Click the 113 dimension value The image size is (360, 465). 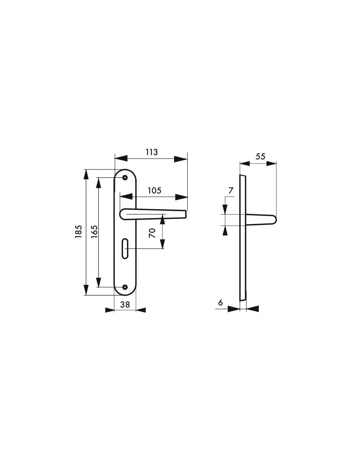click(152, 152)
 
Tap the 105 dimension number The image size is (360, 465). click(154, 190)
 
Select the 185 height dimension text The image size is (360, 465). click(79, 232)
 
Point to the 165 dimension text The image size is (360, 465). click(94, 232)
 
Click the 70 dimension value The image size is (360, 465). click(152, 233)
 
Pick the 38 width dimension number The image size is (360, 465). click(125, 304)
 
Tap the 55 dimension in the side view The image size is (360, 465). click(261, 156)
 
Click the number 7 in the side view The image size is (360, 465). click(231, 190)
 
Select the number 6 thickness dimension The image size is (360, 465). click(220, 302)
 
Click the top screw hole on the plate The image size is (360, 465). click(125, 177)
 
